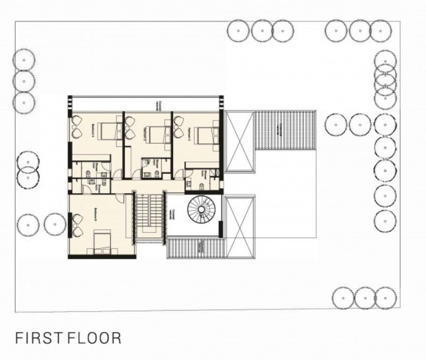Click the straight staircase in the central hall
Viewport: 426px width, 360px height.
pos(148,215)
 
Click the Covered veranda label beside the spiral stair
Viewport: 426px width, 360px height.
pos(173,214)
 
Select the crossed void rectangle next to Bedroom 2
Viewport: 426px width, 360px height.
pos(239,140)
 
